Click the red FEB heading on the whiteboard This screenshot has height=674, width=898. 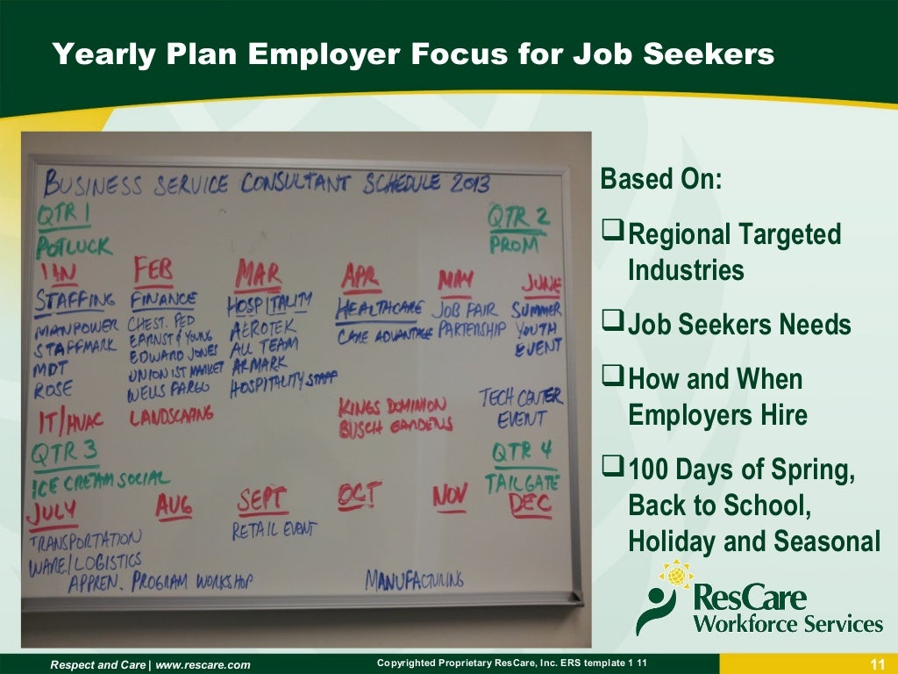(153, 269)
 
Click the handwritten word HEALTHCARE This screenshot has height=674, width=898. (379, 309)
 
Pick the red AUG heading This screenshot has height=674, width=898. (174, 505)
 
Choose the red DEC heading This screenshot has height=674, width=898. (530, 503)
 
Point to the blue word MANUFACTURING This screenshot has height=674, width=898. (414, 579)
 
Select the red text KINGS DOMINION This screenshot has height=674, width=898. (393, 405)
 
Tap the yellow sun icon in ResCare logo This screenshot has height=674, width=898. (676, 575)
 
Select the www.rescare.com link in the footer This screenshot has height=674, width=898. (203, 665)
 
